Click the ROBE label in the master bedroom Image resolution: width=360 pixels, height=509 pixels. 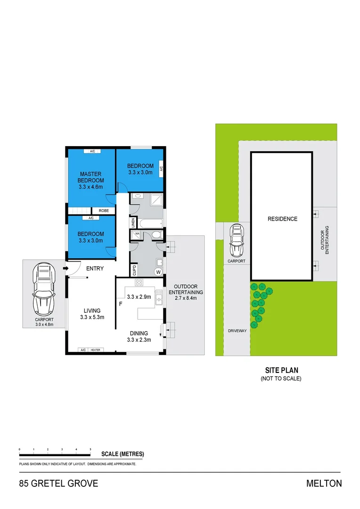[104, 211]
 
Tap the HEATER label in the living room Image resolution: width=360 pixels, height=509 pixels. [96, 350]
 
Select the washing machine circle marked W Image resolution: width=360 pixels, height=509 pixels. [158, 272]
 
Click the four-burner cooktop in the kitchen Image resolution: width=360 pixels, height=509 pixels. [139, 283]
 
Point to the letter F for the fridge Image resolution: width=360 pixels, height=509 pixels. [121, 304]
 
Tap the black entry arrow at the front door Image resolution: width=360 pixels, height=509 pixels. [66, 269]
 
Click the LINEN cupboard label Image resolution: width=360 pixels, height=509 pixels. [134, 222]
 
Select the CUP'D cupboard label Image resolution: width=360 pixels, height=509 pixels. [134, 271]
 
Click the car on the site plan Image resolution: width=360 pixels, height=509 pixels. [236, 238]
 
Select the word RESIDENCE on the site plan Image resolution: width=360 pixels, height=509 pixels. [282, 219]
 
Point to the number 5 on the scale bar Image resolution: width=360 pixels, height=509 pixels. [90, 450]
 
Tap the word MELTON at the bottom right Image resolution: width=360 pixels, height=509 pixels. [324, 483]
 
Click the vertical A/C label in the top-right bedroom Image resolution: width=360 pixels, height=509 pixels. [161, 168]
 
